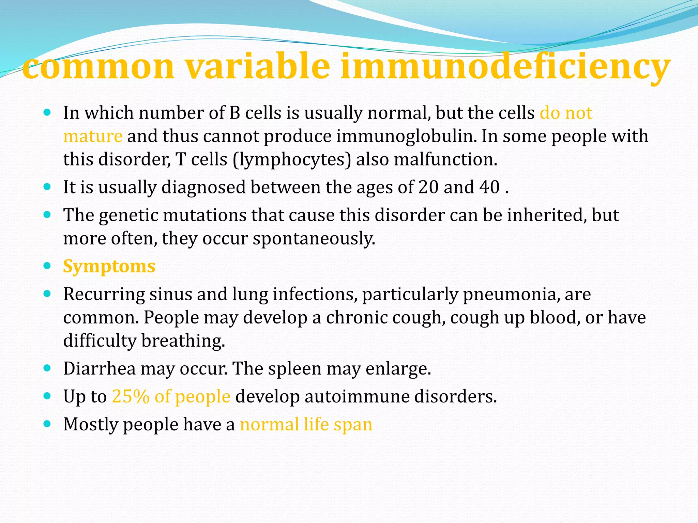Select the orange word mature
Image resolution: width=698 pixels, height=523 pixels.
click(x=93, y=136)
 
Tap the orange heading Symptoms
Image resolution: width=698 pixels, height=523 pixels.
click(x=109, y=266)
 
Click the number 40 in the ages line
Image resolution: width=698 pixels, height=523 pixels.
click(x=489, y=187)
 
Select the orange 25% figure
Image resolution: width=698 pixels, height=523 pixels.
click(x=131, y=396)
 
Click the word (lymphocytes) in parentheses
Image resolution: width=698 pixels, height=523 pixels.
click(x=292, y=159)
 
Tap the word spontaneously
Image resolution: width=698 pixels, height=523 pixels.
click(x=314, y=238)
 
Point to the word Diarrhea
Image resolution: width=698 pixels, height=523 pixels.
click(x=99, y=368)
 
